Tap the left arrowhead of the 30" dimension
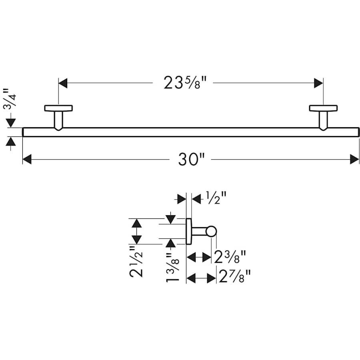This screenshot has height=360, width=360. click(x=27, y=159)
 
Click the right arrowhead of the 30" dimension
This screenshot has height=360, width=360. click(x=354, y=159)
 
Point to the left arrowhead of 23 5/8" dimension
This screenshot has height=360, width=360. click(x=63, y=83)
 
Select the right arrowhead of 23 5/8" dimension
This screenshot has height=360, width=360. click(x=318, y=83)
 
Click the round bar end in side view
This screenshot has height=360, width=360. click(x=211, y=231)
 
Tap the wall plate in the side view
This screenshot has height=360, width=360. click(x=189, y=231)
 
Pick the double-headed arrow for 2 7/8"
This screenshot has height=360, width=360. click(x=202, y=278)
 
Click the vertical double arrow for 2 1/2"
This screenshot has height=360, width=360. click(x=137, y=231)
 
